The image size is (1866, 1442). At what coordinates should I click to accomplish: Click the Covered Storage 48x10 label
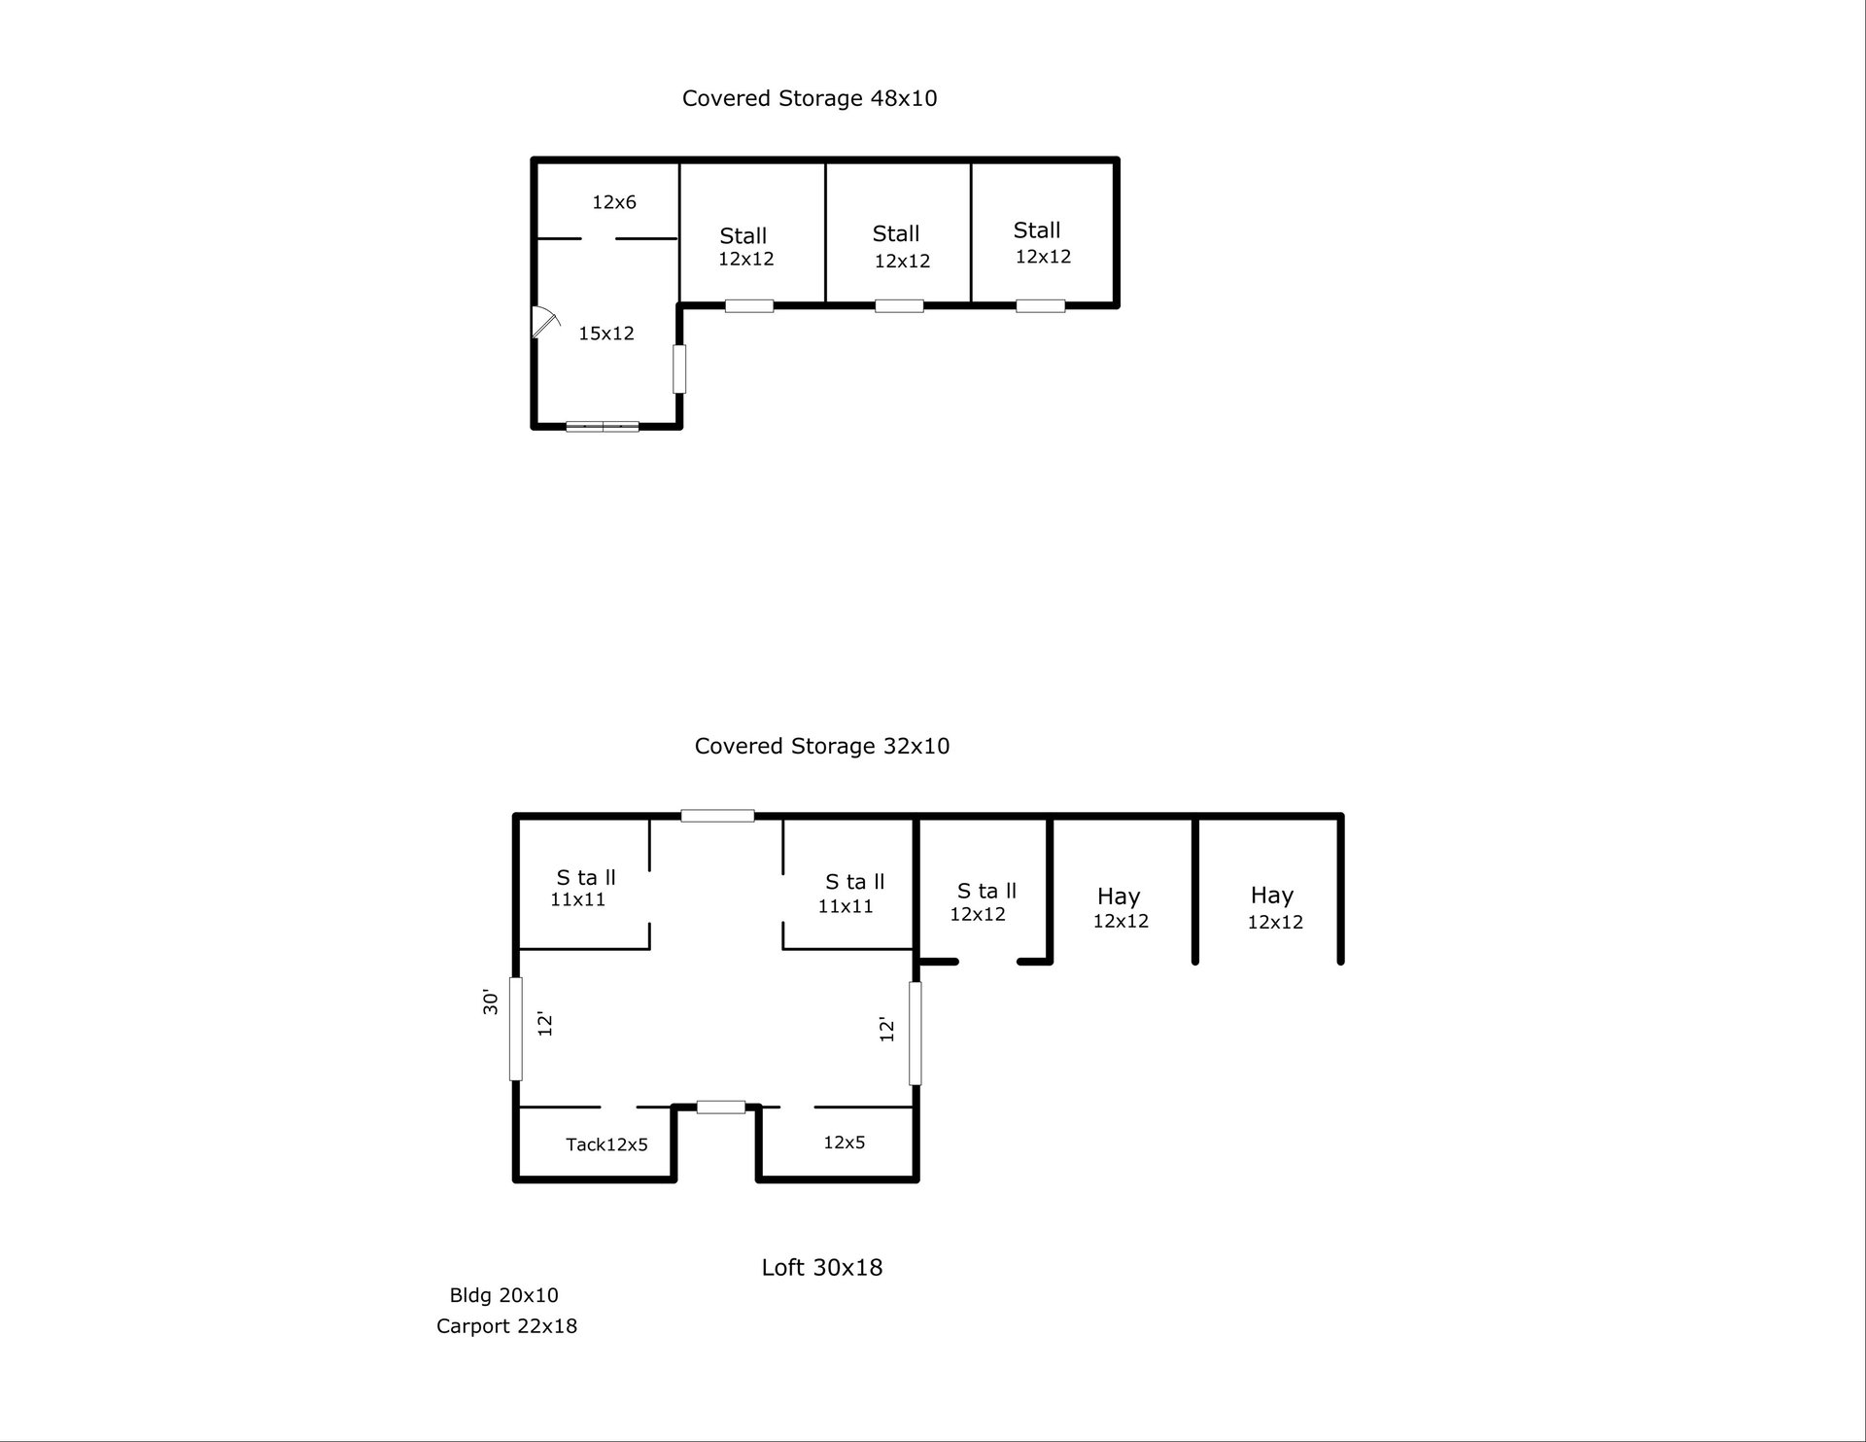[810, 98]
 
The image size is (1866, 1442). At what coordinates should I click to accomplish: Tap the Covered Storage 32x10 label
[822, 746]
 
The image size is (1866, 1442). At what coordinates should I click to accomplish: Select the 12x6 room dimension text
[614, 202]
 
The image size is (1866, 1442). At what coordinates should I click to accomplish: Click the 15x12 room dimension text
[606, 334]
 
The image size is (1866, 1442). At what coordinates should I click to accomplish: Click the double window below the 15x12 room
[603, 426]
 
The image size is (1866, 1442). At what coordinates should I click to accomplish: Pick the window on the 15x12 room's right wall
[679, 369]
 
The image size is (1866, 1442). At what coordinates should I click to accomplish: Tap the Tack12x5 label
[606, 1144]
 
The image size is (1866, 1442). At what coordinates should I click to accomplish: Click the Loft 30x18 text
[822, 1267]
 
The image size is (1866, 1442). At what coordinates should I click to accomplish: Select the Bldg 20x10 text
[503, 1295]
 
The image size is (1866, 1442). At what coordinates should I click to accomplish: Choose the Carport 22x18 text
[506, 1326]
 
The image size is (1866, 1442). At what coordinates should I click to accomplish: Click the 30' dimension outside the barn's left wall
[491, 1002]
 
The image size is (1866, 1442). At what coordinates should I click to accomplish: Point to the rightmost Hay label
[1272, 895]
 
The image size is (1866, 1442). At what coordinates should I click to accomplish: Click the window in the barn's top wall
[717, 816]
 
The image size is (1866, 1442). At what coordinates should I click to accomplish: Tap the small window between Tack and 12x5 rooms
[721, 1107]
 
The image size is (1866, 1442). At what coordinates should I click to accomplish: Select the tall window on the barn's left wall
[516, 1029]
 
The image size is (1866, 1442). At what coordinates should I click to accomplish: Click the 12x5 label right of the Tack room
[844, 1143]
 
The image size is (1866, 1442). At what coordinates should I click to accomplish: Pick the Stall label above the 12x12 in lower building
[986, 891]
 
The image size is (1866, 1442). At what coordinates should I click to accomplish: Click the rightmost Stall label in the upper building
[1037, 230]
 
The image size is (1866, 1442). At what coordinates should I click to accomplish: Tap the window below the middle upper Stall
[899, 306]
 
